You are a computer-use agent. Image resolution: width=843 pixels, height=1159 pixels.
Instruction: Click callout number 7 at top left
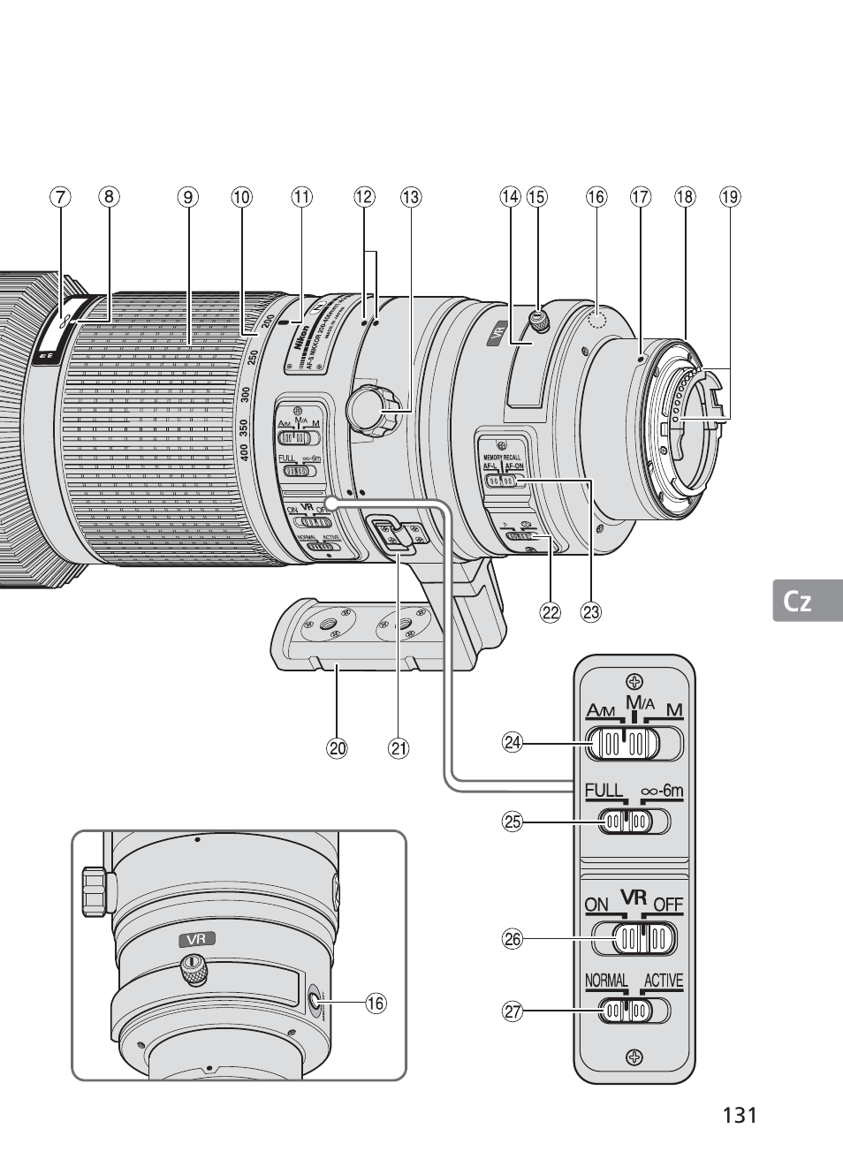pos(59,197)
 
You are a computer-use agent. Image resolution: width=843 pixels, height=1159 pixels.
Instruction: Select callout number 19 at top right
pos(729,197)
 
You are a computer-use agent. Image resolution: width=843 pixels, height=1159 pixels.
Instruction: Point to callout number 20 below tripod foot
pos(336,748)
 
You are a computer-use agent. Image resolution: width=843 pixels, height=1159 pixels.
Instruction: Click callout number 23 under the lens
pos(590,611)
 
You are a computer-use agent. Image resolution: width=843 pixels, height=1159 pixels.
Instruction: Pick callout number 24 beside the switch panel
pos(513,743)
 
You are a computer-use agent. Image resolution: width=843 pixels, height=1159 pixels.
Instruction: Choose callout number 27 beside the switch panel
pos(513,1011)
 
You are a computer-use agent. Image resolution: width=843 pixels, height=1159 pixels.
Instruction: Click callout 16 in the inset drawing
pos(376,1003)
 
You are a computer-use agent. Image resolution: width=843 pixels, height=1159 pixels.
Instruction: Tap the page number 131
pos(740,1115)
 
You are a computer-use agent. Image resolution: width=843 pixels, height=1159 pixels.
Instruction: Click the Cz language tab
pos(798,602)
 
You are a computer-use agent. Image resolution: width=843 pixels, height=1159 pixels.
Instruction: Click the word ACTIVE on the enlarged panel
pos(664,981)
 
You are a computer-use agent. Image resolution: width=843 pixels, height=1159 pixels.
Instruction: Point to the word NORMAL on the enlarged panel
pos(606,981)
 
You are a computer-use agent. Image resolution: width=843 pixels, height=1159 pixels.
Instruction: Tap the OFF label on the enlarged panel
pos(669,905)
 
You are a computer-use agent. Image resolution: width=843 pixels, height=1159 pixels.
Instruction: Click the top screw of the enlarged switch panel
pos(633,681)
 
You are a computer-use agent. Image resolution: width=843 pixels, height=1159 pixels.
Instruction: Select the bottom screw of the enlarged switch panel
pos(633,1057)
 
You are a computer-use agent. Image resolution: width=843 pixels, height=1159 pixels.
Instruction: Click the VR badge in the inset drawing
pos(196,939)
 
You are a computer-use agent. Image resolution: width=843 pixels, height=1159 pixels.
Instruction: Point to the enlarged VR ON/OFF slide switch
pos(634,938)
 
